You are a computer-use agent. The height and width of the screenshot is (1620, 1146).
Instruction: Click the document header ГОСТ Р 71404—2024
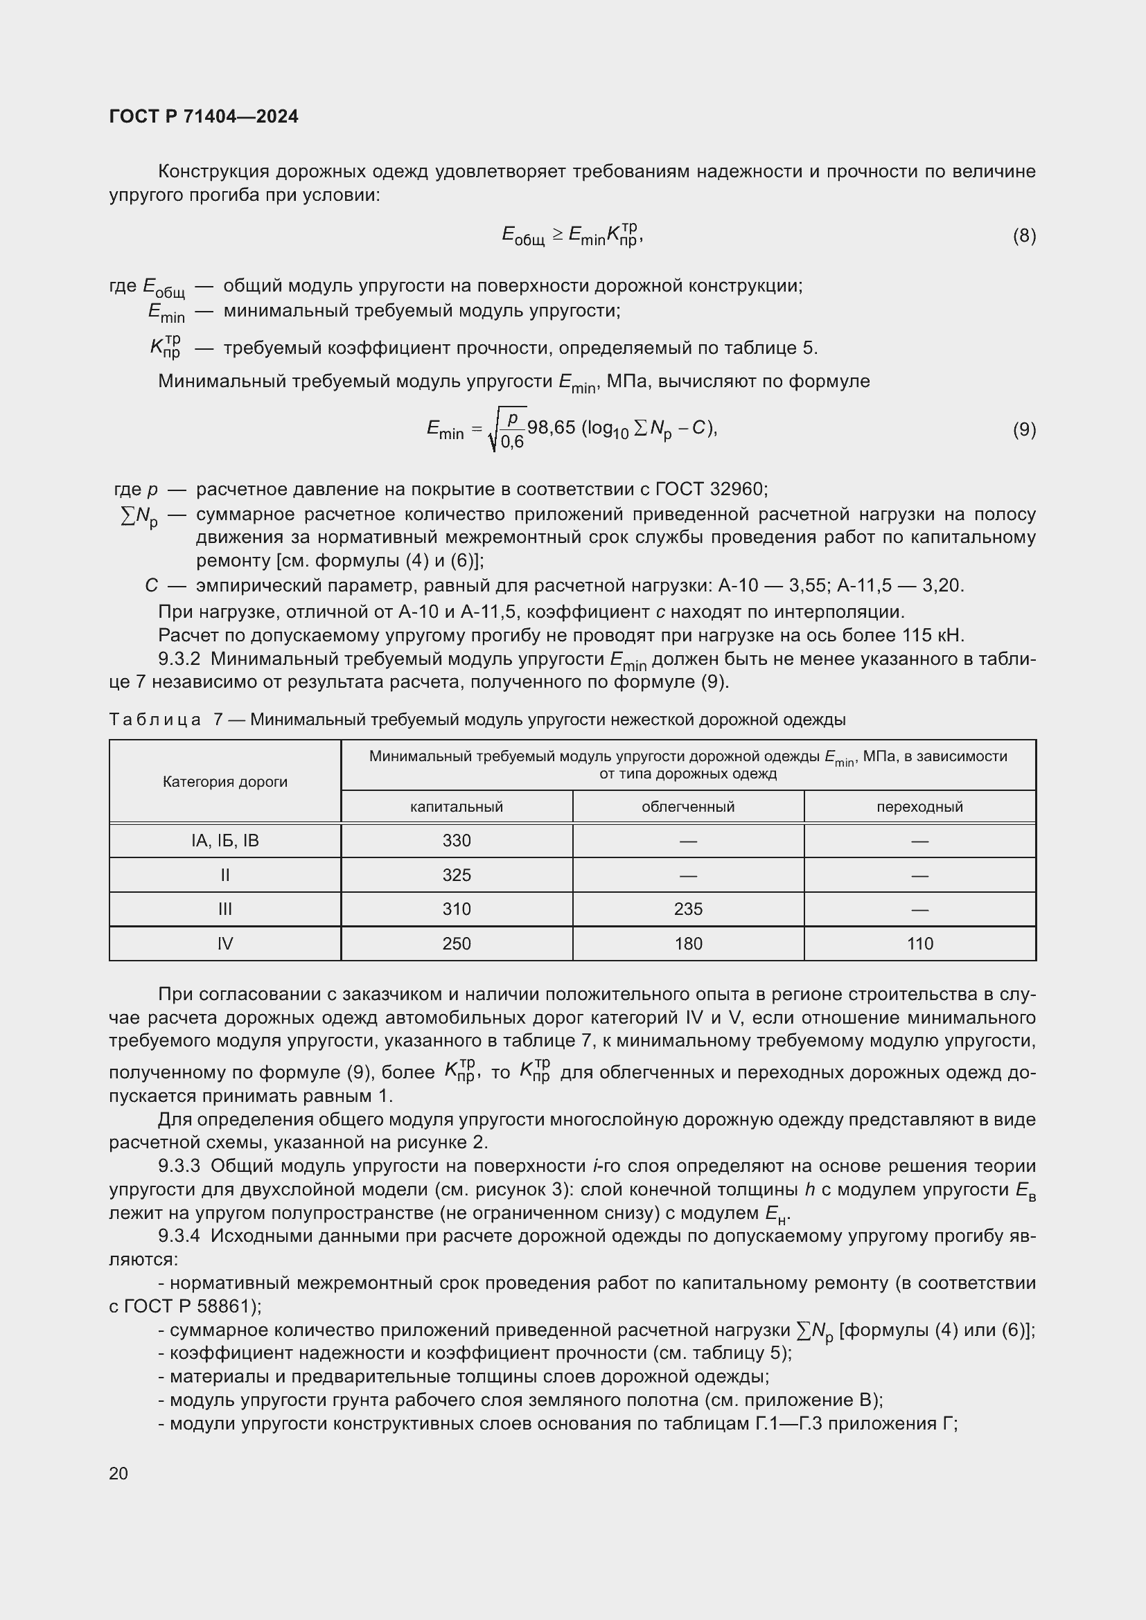[x=204, y=116]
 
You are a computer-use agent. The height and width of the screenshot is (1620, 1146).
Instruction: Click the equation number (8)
[x=1024, y=235]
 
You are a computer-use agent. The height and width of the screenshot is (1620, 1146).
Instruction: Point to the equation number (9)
[x=1024, y=429]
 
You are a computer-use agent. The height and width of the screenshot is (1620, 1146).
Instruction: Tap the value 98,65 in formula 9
[x=551, y=427]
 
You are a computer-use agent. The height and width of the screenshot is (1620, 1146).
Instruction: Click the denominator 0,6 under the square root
[x=512, y=443]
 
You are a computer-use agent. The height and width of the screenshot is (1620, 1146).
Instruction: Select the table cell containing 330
[x=457, y=840]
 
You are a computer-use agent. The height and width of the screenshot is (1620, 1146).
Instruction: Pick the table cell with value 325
[x=457, y=875]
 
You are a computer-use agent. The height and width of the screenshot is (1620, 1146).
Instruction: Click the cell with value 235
[x=688, y=909]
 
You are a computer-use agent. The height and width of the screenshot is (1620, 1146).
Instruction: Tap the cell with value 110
[x=919, y=943]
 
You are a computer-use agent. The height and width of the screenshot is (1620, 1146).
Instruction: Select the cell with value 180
[x=688, y=943]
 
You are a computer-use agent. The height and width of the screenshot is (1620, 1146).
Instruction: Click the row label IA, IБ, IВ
[x=225, y=840]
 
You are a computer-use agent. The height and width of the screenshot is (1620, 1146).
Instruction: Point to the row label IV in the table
[x=225, y=943]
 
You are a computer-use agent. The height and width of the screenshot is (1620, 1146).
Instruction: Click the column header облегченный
[x=688, y=806]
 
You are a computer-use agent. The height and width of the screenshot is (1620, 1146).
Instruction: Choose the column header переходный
[x=919, y=806]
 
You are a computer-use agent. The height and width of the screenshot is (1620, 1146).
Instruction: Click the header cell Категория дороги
[x=225, y=782]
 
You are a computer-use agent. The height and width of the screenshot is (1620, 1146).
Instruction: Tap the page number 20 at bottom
[x=118, y=1473]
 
